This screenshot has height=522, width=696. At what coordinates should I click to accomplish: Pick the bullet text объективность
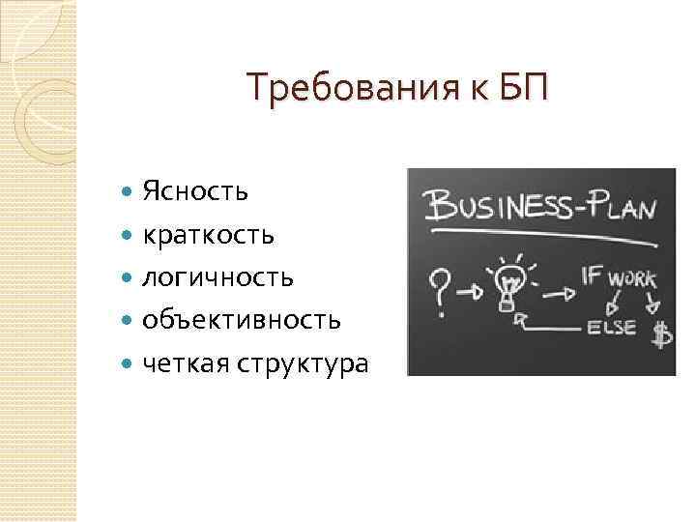pyautogui.click(x=241, y=320)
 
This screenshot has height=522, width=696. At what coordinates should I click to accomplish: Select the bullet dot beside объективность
pyautogui.click(x=130, y=321)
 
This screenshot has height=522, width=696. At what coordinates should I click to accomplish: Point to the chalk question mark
pyautogui.click(x=440, y=284)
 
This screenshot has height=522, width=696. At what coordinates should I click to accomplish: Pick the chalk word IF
pyautogui.click(x=593, y=275)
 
